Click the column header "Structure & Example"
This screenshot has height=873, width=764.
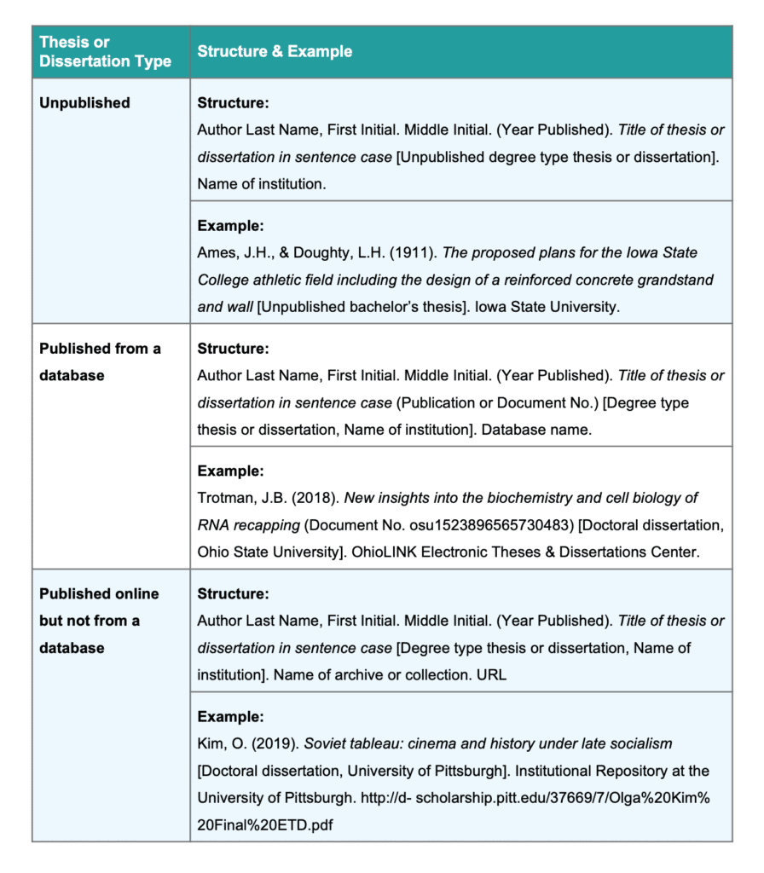275,51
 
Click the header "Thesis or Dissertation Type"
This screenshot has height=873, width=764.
104,51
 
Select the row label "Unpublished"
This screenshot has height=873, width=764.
84,103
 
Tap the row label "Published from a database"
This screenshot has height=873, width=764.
100,361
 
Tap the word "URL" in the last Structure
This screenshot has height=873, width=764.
492,674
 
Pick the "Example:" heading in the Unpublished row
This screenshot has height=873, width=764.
230,226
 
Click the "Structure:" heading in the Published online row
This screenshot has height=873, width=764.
233,593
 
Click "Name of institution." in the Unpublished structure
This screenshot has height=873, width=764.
260,183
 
